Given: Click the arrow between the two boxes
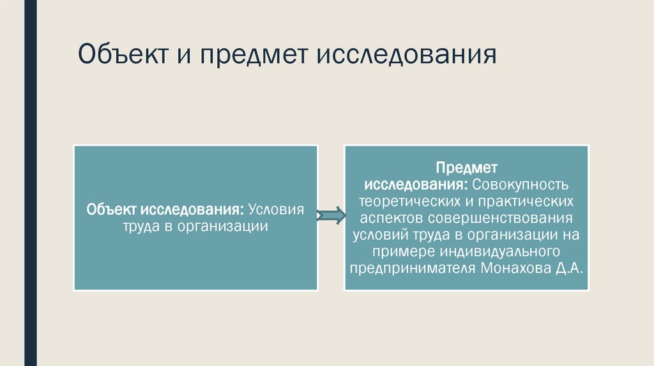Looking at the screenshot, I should (x=330, y=217).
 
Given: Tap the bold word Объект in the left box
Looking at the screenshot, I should (x=112, y=210).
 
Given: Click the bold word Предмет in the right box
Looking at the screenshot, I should (x=466, y=168).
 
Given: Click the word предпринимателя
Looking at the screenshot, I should (x=411, y=267).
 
